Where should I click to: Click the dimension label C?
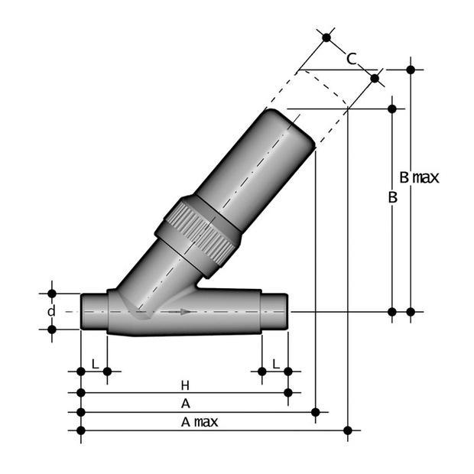pos(351,58)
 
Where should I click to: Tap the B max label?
pos(420,178)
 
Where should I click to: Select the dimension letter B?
pos(392,197)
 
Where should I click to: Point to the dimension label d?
pos(51,311)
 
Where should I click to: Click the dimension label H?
pos(184,385)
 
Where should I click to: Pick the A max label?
pos(200,422)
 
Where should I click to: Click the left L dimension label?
pos(94,363)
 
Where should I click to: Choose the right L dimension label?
pos(275,363)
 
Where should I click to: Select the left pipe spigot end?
pos(93,311)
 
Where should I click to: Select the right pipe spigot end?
pos(274,310)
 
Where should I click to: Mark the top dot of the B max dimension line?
pos(411,70)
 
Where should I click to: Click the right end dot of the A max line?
pos(348,430)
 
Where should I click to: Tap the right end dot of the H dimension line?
pos(288,392)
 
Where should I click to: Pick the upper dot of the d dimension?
pos(52,293)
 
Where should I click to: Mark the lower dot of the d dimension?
pos(52,330)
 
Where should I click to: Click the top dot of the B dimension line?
pos(392,109)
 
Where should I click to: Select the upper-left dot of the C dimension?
pos(326,37)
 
